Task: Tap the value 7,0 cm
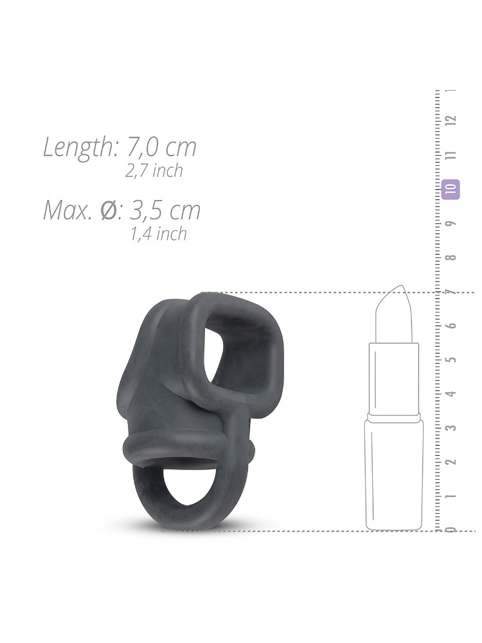(161, 147)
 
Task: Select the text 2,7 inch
(154, 170)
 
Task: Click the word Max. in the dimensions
(67, 210)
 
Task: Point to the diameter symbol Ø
(109, 210)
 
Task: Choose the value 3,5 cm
(165, 210)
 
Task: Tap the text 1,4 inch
(159, 234)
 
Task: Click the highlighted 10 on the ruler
(451, 189)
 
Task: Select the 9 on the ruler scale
(452, 224)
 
